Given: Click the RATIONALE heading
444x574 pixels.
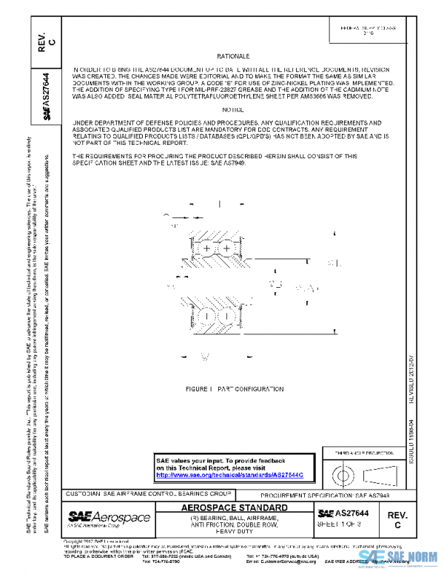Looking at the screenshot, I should coord(234,57).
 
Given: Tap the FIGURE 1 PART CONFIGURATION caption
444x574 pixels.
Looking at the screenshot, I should coord(235,388).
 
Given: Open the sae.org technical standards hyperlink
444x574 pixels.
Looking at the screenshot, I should coord(231,475).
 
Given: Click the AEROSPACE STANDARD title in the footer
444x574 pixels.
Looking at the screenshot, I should coord(235,508).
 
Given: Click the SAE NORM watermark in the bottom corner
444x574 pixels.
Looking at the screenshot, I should coord(400,557).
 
